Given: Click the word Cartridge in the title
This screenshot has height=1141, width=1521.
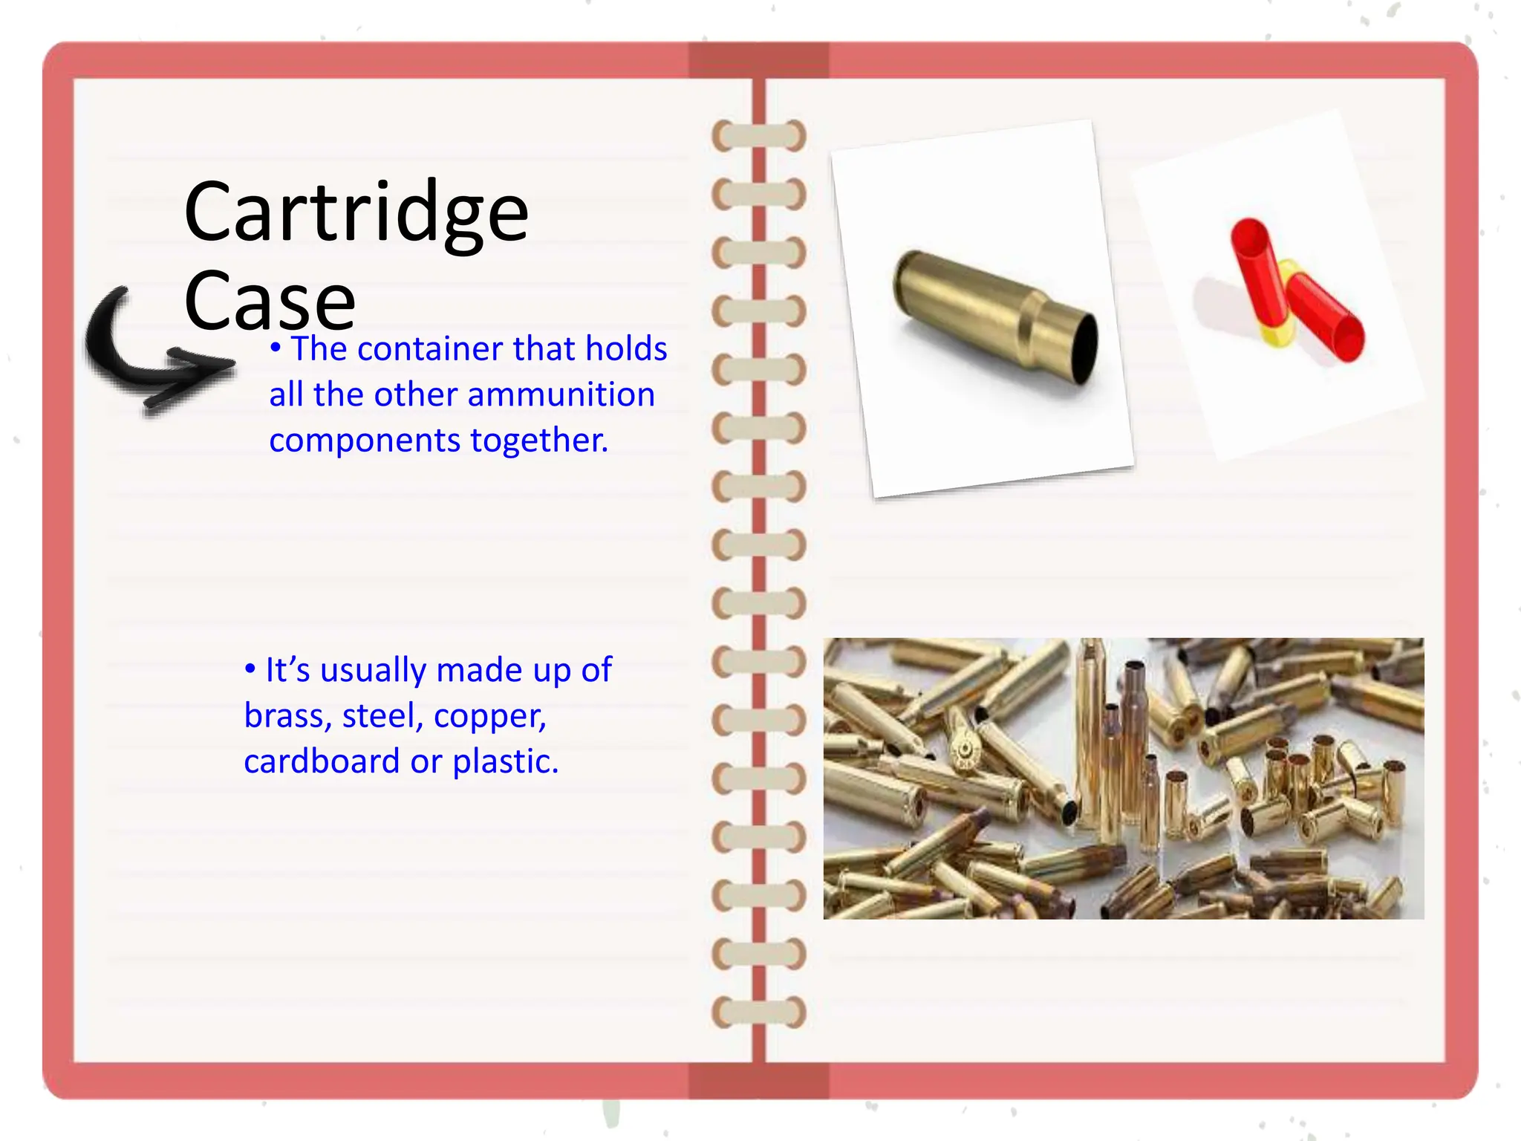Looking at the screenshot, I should click(356, 212).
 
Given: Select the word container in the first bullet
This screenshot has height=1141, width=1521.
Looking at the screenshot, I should click(430, 348).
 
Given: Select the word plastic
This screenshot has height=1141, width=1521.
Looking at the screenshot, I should click(505, 761).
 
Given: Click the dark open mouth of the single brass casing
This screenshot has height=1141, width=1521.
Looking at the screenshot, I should click(1086, 349).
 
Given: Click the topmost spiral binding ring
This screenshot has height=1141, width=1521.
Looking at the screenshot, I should click(758, 136).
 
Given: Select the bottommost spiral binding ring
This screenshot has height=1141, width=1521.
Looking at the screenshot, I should click(758, 1012).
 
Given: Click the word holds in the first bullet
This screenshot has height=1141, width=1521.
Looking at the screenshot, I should click(626, 348).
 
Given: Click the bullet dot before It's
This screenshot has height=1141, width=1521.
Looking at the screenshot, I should click(250, 669).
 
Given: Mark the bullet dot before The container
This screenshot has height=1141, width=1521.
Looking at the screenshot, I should click(276, 347).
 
